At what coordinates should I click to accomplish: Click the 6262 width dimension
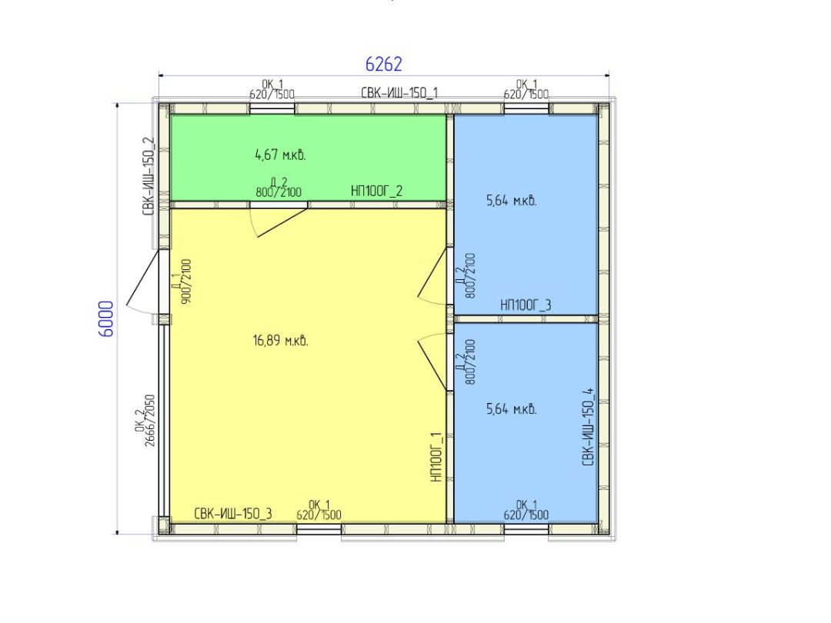(x=384, y=64)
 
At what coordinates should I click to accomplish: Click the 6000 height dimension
(x=106, y=319)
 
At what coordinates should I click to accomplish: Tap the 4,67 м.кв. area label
(x=280, y=155)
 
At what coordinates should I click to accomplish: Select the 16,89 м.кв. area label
(x=280, y=341)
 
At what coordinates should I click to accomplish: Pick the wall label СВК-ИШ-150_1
(x=399, y=93)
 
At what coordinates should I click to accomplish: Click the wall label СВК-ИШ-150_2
(x=149, y=176)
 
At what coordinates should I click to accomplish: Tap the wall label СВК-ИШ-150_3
(x=233, y=513)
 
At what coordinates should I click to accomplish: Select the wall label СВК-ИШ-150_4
(x=589, y=427)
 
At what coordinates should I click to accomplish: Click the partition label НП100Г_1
(x=436, y=457)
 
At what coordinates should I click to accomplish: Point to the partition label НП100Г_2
(x=376, y=191)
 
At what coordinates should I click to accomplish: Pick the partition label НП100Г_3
(x=526, y=305)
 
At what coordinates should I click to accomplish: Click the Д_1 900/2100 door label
(x=182, y=282)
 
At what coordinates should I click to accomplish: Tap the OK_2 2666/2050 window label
(x=145, y=420)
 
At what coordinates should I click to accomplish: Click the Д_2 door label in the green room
(x=279, y=188)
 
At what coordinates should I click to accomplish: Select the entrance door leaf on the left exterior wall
(x=142, y=277)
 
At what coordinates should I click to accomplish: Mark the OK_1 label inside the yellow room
(x=319, y=510)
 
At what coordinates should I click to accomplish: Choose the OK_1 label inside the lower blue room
(x=526, y=510)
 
